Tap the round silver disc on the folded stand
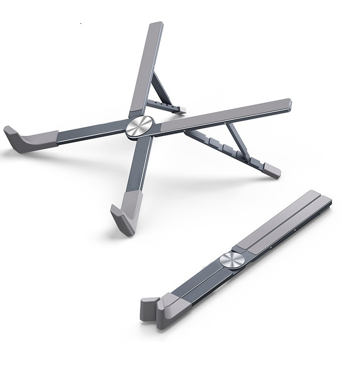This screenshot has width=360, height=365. [229, 260]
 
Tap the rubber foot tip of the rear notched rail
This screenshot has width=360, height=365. [183, 109]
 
